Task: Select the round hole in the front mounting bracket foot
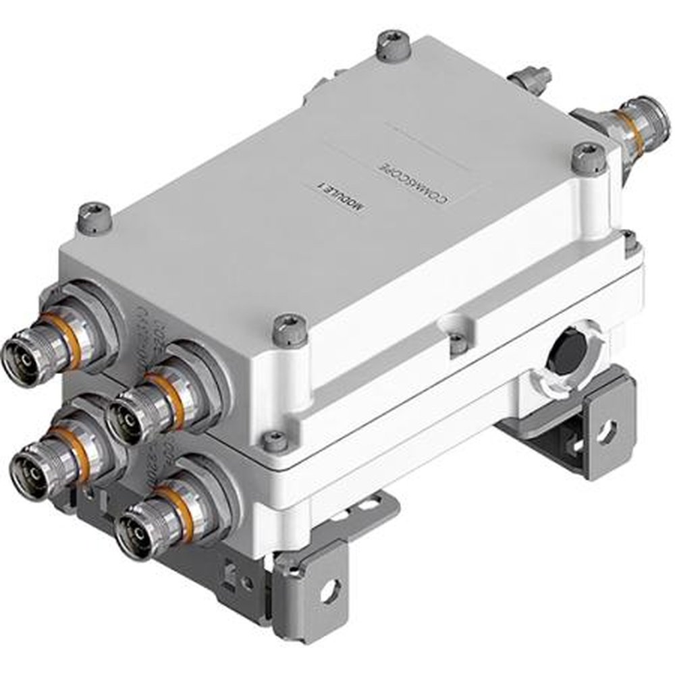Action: pos(329,591)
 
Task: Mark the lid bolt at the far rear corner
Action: pos(391,45)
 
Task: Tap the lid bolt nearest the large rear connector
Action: pos(589,158)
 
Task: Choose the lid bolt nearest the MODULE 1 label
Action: pos(290,328)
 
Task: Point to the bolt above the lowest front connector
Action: pos(275,441)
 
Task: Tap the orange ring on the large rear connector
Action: pos(626,121)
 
